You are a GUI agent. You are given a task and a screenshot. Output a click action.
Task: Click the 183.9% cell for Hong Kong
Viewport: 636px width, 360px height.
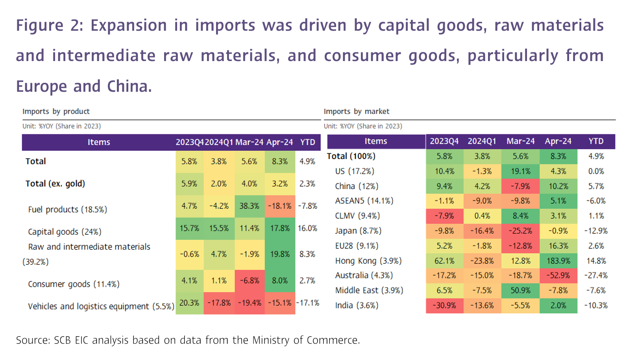(x=558, y=261)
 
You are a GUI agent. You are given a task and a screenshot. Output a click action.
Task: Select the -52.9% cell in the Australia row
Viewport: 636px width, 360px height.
(x=558, y=275)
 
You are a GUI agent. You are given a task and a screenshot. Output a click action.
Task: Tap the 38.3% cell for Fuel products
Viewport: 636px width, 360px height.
(x=249, y=206)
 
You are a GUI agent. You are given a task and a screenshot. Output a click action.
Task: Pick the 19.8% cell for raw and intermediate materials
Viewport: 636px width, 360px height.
(x=280, y=254)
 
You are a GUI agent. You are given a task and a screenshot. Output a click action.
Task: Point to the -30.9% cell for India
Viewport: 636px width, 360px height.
(x=444, y=305)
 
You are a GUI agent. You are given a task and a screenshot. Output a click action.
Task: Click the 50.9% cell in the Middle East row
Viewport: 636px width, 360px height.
(x=520, y=290)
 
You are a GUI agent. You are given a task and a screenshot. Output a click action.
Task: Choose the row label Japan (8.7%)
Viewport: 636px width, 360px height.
(x=358, y=231)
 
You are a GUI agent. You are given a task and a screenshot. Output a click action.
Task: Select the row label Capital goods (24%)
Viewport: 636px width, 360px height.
(x=65, y=232)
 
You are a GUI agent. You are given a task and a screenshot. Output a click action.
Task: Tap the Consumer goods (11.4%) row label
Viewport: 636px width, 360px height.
(x=74, y=284)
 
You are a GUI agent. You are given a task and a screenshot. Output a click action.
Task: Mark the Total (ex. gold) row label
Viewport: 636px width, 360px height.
(x=55, y=184)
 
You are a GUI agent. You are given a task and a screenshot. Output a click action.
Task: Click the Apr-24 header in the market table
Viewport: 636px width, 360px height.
(x=558, y=141)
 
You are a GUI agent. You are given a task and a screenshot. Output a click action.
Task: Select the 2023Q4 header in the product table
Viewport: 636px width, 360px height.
(x=189, y=142)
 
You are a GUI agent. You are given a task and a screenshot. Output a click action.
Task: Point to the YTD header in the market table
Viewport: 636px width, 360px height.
(x=596, y=141)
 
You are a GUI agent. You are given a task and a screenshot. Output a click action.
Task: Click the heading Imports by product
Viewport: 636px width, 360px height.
(x=56, y=111)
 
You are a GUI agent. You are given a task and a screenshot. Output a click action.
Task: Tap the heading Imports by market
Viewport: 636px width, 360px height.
(x=357, y=111)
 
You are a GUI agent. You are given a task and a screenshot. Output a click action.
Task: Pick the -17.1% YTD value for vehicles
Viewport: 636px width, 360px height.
(x=307, y=303)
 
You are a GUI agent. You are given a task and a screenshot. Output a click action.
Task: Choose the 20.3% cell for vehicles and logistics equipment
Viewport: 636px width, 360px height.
(x=189, y=303)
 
